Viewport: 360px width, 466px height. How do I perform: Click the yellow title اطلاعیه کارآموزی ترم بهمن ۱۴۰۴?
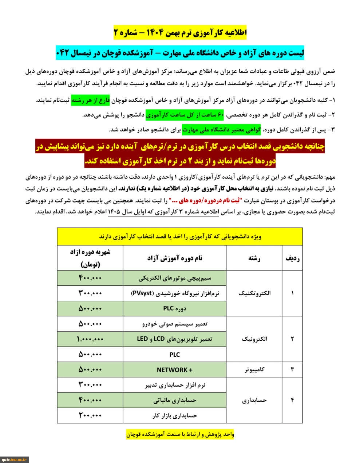click(180, 33)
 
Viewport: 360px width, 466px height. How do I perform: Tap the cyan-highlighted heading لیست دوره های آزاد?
click(180, 53)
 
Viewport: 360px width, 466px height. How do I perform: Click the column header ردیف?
click(292, 258)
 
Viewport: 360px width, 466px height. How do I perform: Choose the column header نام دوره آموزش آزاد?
click(174, 258)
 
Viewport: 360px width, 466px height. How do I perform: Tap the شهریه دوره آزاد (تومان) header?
click(90, 258)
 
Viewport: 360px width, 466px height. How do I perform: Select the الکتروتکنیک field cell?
click(254, 293)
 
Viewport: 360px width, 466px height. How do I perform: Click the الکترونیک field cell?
click(254, 339)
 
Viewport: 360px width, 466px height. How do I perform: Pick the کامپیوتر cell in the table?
click(254, 370)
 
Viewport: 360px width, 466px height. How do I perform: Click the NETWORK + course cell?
click(174, 370)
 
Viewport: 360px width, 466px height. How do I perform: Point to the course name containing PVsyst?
click(174, 293)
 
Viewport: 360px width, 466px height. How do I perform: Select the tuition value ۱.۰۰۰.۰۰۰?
click(90, 339)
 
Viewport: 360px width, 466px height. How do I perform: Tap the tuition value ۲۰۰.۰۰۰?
click(90, 415)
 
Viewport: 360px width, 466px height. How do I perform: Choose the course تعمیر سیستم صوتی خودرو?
click(174, 324)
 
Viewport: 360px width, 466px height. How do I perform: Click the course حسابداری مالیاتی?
click(174, 400)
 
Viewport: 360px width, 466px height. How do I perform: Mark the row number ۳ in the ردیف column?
click(292, 370)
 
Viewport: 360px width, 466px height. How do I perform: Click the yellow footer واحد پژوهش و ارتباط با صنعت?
click(180, 434)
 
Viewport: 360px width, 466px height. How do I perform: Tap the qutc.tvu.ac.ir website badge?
click(15, 459)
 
